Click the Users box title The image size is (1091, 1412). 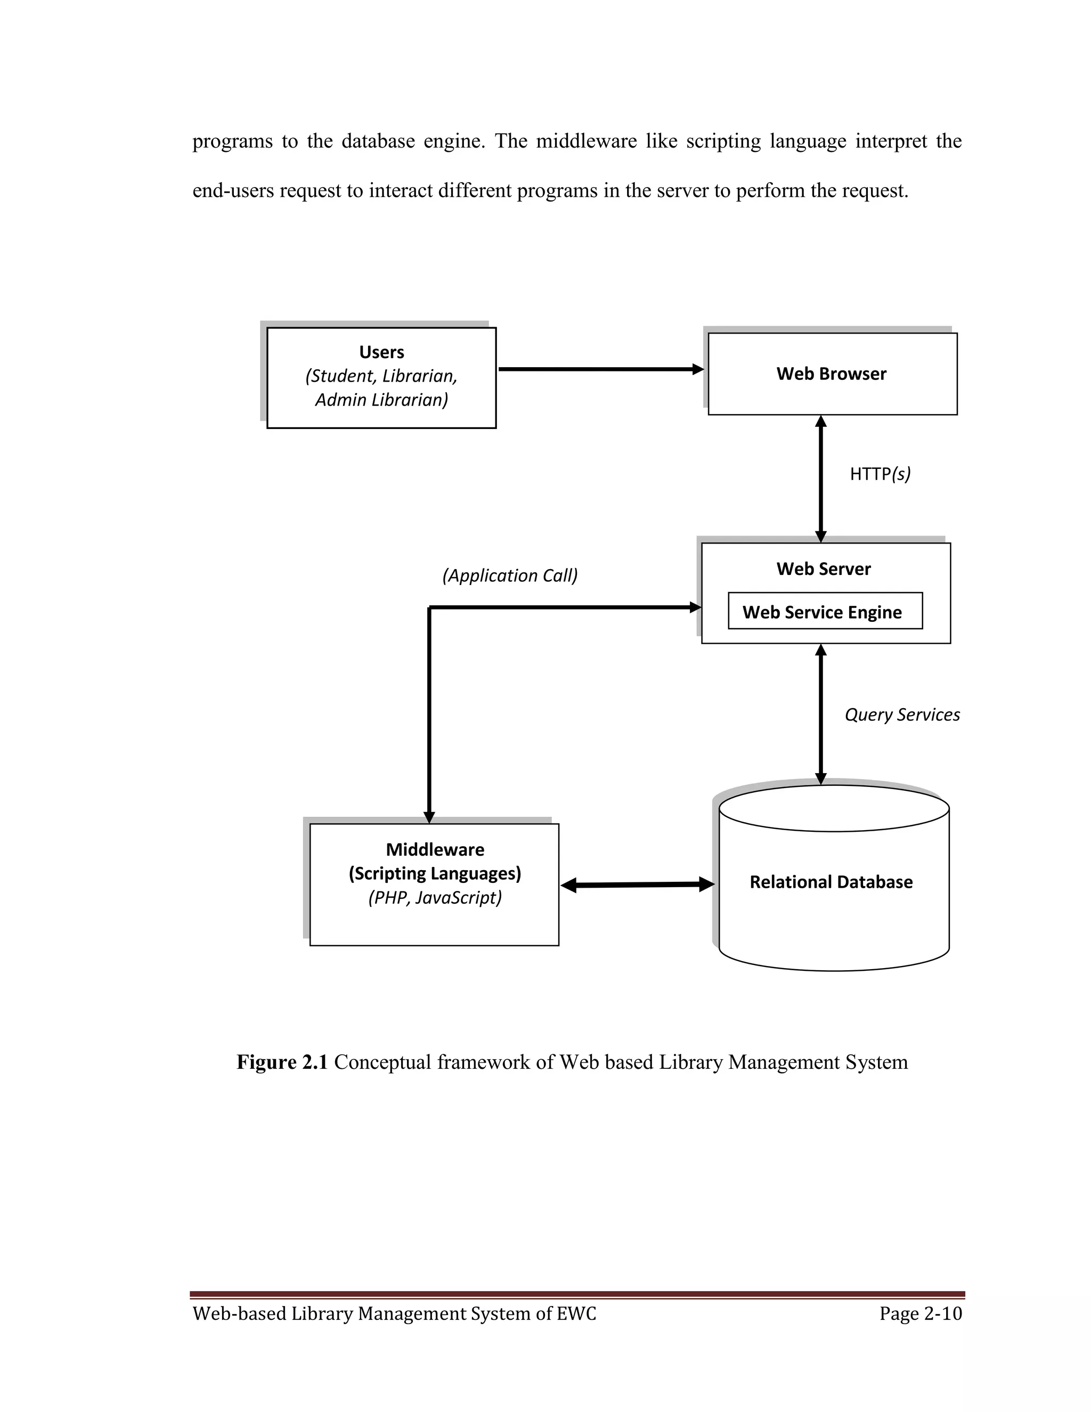381,352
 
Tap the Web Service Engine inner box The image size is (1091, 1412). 824,612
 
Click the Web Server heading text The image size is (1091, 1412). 824,569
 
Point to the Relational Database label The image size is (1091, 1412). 831,882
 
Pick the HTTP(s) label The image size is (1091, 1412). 880,474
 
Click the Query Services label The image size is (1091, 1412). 902,715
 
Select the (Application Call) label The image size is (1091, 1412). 510,575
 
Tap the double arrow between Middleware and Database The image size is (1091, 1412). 637,884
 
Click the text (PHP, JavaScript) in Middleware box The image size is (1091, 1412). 435,897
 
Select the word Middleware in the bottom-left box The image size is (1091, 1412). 435,849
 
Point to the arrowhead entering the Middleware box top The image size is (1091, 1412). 429,817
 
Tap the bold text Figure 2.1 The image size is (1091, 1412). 282,1062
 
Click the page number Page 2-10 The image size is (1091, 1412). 921,1314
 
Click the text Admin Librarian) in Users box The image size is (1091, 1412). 381,400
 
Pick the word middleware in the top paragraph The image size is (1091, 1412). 586,141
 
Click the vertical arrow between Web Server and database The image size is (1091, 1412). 821,714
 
